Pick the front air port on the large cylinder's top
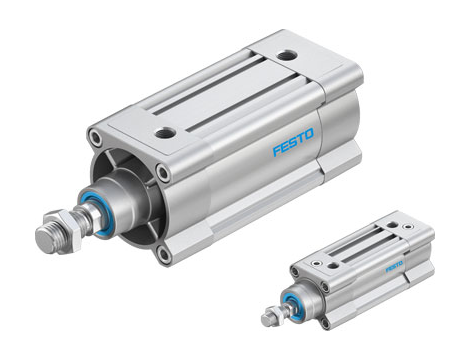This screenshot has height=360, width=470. [166, 131]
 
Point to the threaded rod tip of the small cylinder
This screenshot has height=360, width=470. [268, 320]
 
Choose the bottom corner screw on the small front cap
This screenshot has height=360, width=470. [326, 322]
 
